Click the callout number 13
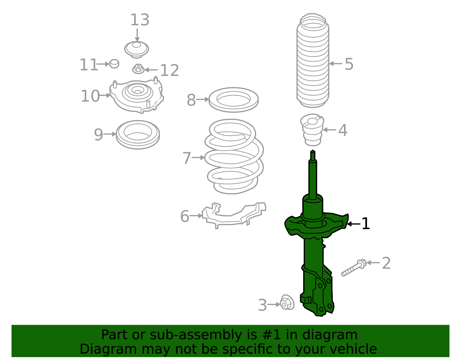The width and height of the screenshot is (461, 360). (x=140, y=20)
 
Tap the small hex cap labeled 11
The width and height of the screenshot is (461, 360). (x=114, y=64)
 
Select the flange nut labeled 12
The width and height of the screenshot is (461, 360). (x=138, y=69)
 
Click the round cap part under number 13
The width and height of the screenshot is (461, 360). (x=137, y=49)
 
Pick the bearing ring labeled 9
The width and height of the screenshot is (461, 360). (x=138, y=134)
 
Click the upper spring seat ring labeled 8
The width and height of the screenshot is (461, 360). (x=233, y=99)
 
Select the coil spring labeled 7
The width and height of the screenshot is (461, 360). (x=234, y=157)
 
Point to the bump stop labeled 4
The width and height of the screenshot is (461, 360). (x=312, y=130)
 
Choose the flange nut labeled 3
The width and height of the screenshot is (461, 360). (x=287, y=303)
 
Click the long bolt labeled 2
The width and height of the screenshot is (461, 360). (x=353, y=268)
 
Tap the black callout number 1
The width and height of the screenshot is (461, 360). (x=365, y=224)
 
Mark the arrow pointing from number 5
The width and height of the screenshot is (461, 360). (x=335, y=64)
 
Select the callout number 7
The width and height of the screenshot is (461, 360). (x=187, y=158)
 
